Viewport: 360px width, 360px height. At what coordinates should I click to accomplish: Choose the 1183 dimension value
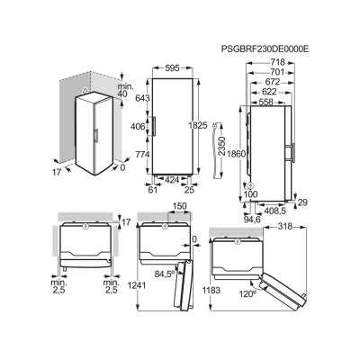210,287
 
